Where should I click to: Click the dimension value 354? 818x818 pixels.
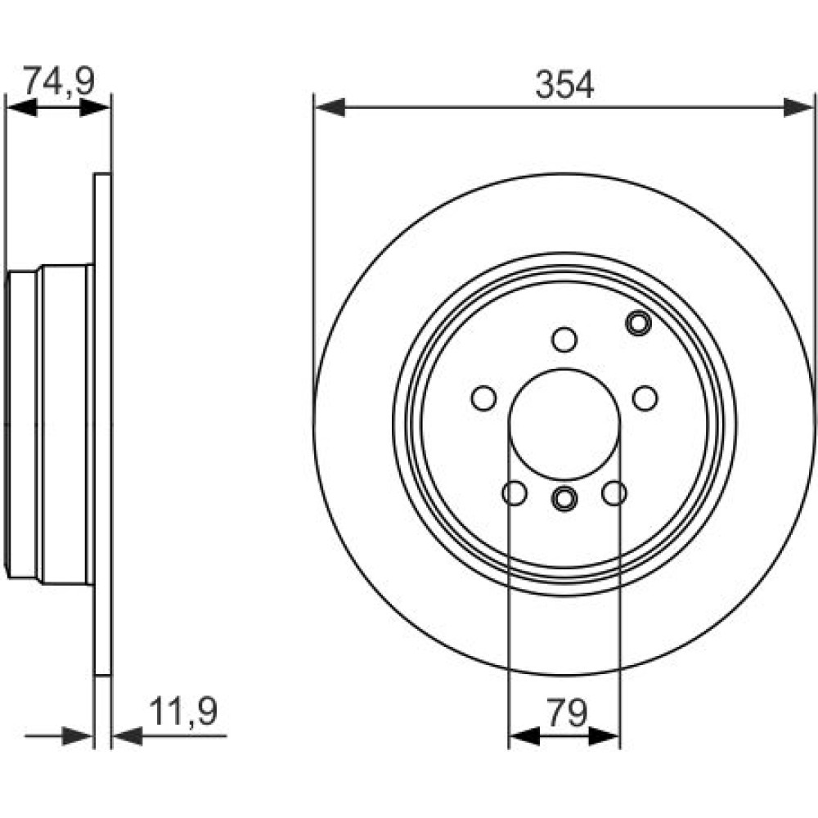tap(564, 85)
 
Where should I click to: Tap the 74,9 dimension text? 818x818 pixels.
tap(59, 81)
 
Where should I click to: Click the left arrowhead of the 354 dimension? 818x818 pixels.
tap(330, 107)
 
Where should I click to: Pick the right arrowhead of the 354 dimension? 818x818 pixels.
tap(798, 107)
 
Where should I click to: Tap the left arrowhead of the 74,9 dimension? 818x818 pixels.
tap(21, 108)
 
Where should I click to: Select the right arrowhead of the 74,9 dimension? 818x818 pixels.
tap(96, 108)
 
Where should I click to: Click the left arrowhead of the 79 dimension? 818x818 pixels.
tap(524, 736)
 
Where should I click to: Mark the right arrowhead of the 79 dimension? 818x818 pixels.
tap(605, 736)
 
